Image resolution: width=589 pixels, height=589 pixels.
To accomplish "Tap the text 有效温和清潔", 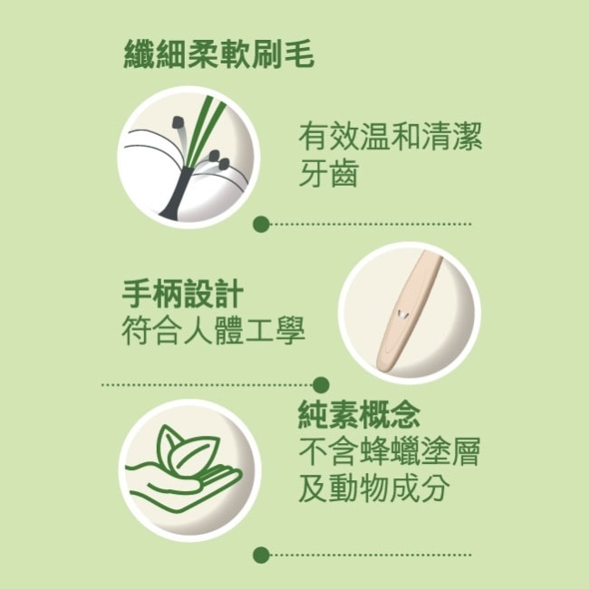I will click(x=391, y=138).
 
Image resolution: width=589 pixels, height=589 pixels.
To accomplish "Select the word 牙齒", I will click(x=328, y=172).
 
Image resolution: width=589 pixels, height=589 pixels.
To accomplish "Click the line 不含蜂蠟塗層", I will click(x=390, y=451).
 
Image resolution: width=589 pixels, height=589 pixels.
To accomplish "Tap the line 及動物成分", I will click(x=374, y=488).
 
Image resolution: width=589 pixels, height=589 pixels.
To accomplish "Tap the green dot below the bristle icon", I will click(x=261, y=223).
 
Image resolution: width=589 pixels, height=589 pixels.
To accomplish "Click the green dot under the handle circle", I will click(x=320, y=384).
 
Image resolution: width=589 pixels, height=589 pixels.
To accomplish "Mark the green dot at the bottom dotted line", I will click(x=261, y=554).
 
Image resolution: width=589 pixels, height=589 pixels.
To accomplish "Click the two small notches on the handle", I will click(x=399, y=314).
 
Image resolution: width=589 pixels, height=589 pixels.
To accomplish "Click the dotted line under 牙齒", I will click(x=372, y=223).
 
